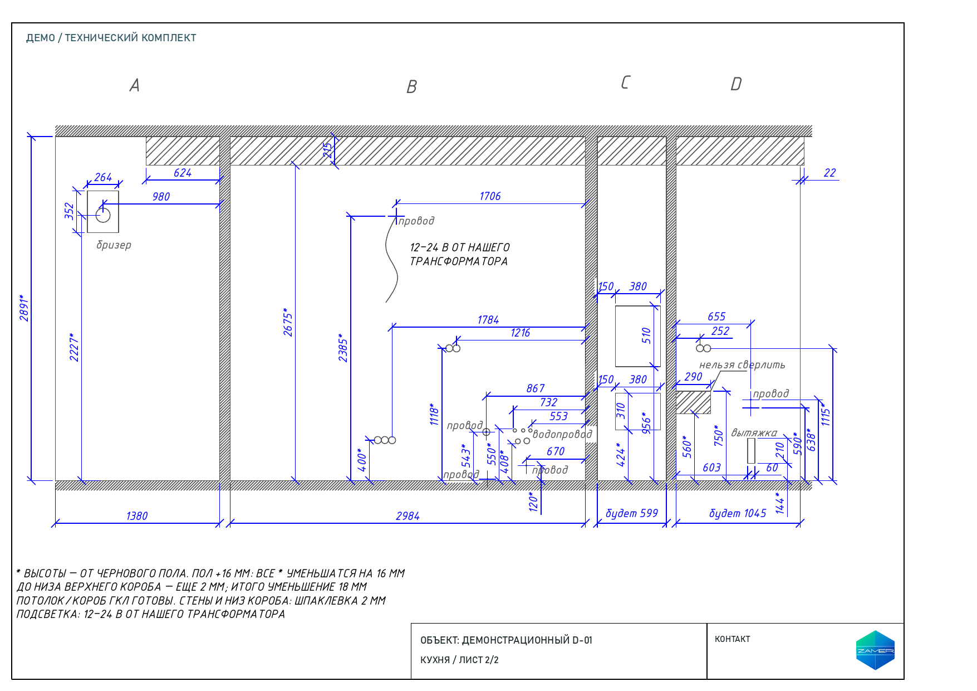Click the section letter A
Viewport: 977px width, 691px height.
[135, 85]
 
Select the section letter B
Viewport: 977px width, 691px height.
[412, 87]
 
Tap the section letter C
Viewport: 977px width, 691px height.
[625, 82]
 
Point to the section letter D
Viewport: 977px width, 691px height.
[736, 84]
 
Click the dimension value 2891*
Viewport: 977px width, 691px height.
[24, 308]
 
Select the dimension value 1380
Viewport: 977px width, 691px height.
[137, 516]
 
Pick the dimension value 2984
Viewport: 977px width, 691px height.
[408, 516]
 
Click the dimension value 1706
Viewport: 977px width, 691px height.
[490, 196]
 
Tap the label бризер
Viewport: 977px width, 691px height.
[114, 245]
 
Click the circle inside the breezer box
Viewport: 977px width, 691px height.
[103, 215]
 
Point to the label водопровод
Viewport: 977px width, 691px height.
[562, 434]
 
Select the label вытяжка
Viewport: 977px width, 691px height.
[754, 433]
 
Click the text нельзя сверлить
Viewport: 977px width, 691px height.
[742, 365]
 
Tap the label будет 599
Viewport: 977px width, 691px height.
[632, 513]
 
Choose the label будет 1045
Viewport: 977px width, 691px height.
[738, 513]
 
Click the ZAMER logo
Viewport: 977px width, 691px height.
[875, 650]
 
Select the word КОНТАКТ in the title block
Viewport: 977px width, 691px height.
[733, 639]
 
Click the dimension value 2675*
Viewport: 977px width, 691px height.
[288, 322]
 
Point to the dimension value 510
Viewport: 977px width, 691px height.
[646, 335]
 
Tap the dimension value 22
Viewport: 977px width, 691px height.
[830, 173]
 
